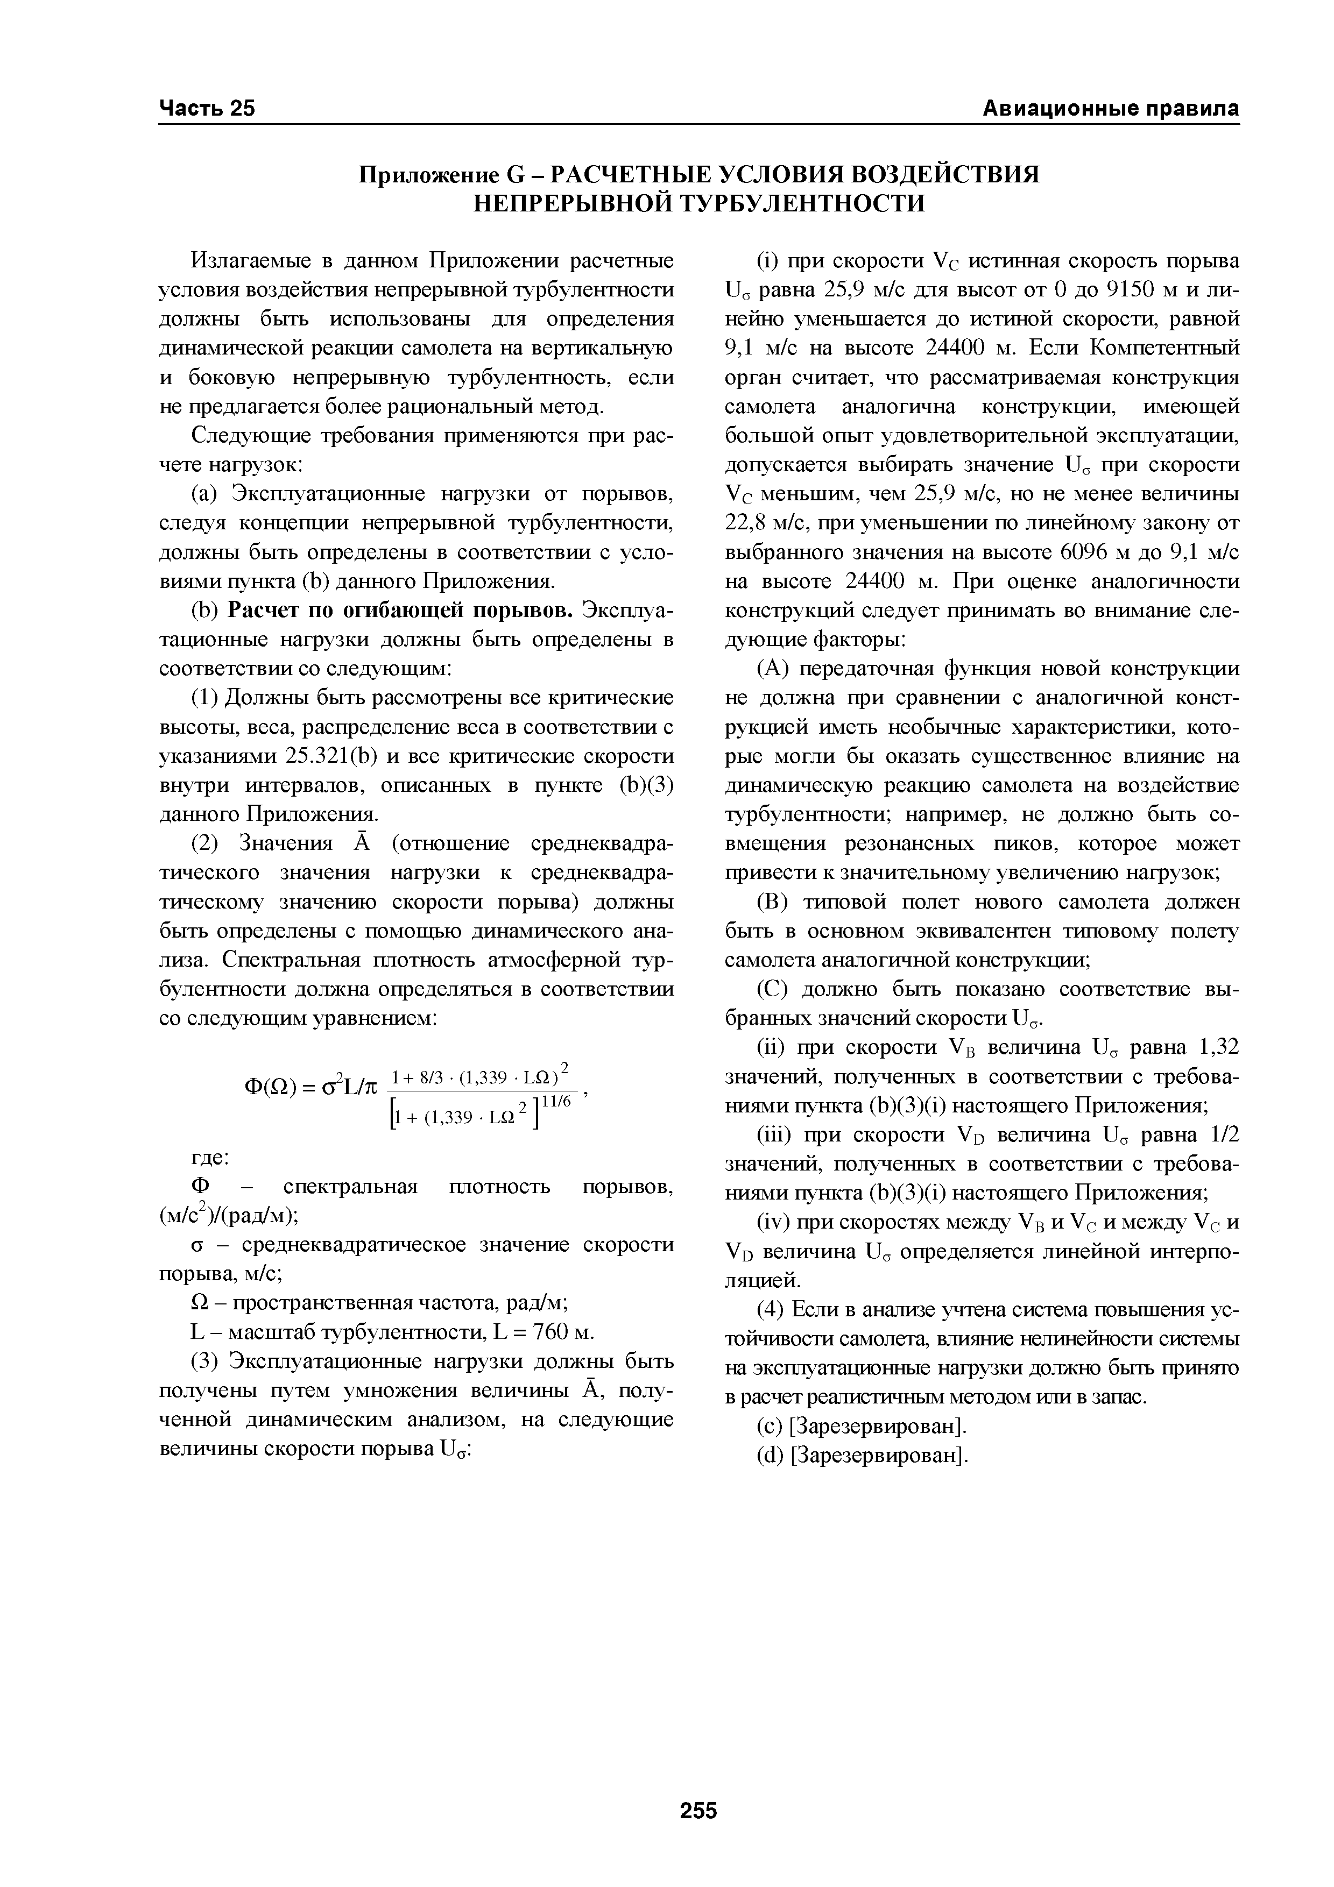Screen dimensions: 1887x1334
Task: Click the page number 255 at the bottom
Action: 698,1787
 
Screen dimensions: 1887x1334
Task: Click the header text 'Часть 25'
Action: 207,109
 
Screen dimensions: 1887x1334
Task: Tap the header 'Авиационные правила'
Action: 1111,109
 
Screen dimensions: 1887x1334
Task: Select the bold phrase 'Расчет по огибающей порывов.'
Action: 403,611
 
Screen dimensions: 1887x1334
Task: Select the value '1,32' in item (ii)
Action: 1217,1047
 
